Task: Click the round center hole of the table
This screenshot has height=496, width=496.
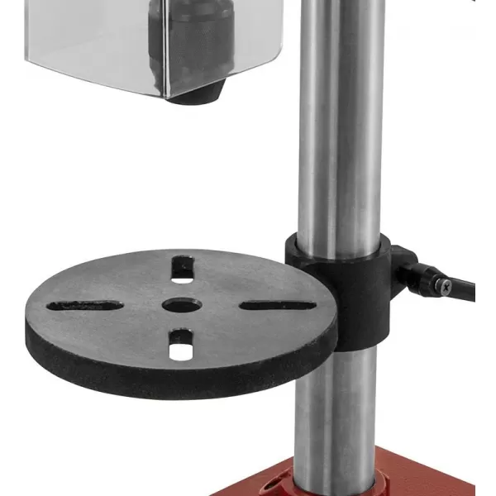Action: [x=179, y=305]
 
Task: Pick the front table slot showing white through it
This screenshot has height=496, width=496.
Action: [x=179, y=346]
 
